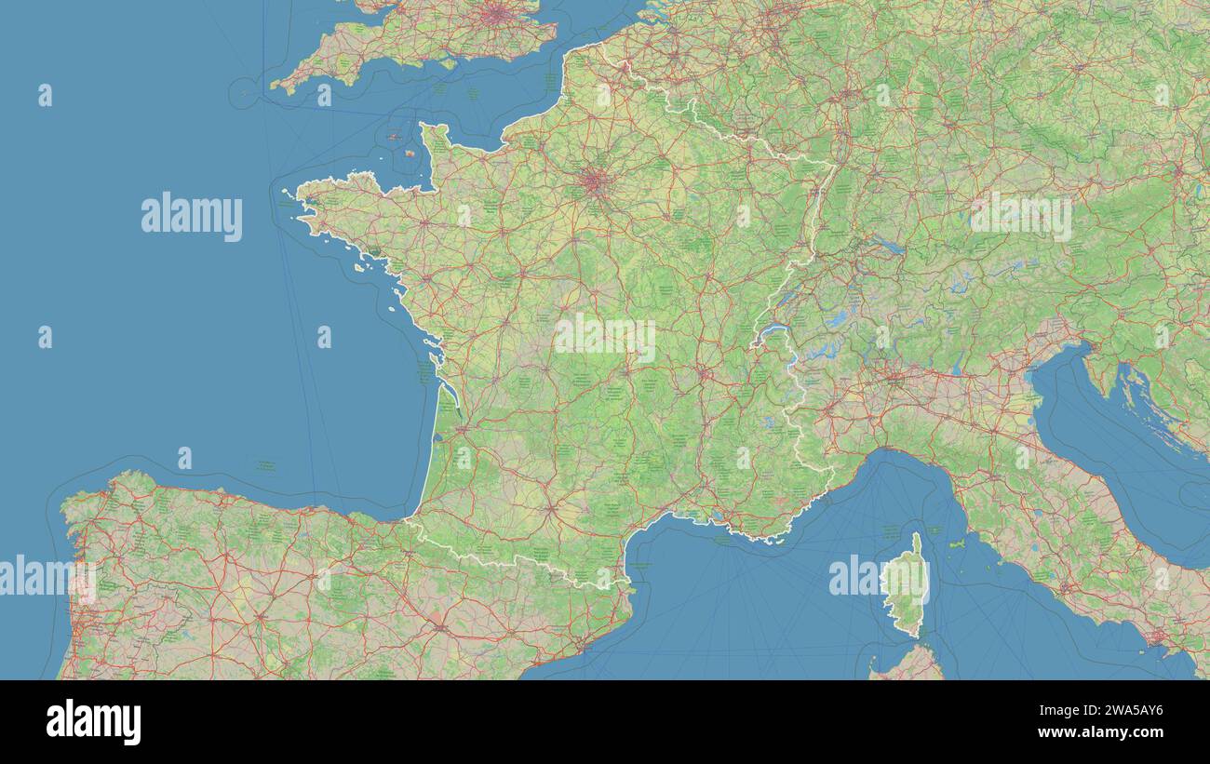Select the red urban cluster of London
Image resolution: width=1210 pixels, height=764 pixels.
499,13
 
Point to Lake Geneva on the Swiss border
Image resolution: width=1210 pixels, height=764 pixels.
772,331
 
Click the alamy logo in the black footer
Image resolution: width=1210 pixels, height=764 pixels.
93,723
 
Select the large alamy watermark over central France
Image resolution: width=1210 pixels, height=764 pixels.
605,338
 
